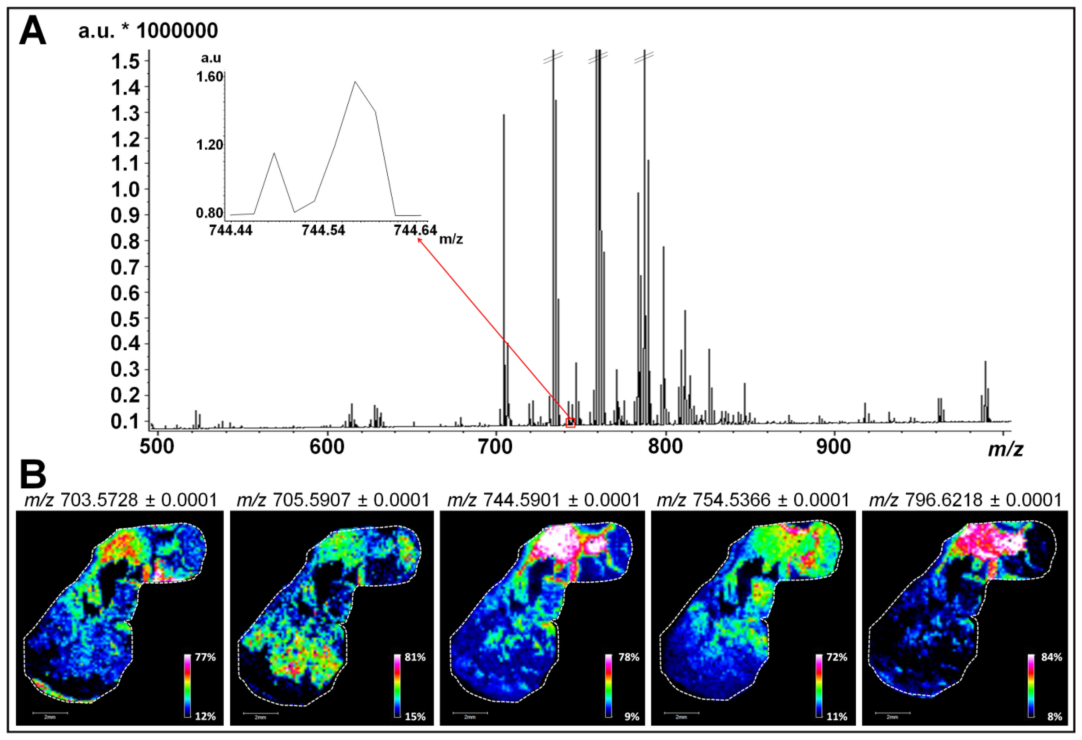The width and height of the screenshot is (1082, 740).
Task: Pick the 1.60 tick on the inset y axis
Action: click(209, 77)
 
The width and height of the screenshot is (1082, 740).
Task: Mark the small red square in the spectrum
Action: click(570, 422)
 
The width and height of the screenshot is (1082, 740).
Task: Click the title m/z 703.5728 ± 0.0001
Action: click(120, 500)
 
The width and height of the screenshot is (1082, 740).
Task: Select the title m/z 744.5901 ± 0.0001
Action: click(543, 500)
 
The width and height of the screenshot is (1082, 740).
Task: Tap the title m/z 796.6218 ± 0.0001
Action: click(965, 500)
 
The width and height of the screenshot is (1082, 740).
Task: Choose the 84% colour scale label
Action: click(1051, 657)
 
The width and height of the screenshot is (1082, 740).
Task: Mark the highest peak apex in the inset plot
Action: click(355, 82)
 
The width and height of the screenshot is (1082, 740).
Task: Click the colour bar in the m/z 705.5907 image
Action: click(397, 687)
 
